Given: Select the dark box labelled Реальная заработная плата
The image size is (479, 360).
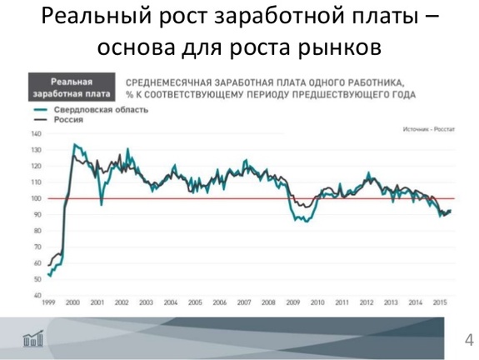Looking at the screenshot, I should click(x=70, y=87).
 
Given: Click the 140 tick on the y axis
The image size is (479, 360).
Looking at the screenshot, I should click(x=36, y=133).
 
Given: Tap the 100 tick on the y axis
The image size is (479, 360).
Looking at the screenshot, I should click(x=36, y=198).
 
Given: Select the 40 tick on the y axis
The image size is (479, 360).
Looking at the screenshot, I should click(x=37, y=295).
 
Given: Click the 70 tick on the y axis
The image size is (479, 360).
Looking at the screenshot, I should click(x=37, y=247).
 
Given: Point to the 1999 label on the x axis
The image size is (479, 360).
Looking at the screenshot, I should click(x=48, y=303).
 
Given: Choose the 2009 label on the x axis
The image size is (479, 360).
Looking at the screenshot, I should click(x=292, y=303).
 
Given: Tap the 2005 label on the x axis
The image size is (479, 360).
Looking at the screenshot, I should click(x=195, y=303).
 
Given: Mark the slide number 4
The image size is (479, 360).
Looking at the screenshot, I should click(x=468, y=339).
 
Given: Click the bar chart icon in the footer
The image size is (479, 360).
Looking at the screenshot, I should click(x=32, y=338).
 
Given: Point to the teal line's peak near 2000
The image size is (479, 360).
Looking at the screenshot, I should click(x=75, y=144).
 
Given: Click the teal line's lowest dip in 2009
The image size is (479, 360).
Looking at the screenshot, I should click(x=306, y=222).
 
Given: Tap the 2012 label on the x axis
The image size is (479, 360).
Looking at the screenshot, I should click(x=366, y=303).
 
